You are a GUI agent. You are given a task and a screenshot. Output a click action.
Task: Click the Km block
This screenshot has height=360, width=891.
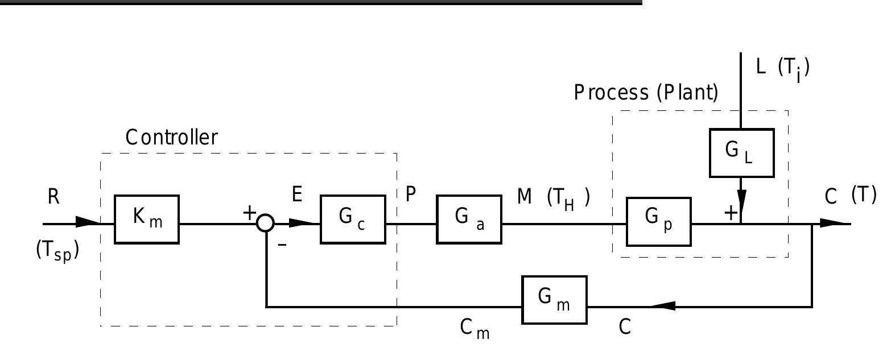147,220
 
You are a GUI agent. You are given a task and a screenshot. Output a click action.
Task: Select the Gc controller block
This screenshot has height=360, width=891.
353,220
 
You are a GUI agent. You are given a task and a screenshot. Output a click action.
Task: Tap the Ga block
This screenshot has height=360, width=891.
469,220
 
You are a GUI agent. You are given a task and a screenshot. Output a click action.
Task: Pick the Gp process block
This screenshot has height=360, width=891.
659,222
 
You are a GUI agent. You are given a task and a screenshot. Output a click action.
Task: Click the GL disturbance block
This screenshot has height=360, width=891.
741,152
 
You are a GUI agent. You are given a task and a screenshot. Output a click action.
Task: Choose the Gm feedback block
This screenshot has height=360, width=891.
554,300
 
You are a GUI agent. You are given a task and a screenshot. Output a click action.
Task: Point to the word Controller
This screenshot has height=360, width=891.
171,138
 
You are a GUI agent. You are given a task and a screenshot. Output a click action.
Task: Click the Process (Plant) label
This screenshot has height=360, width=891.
646,92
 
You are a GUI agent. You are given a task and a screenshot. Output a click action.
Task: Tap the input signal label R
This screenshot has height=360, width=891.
53,197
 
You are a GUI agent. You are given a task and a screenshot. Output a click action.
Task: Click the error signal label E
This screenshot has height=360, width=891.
296,195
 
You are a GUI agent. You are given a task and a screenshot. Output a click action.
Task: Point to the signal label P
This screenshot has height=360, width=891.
411,195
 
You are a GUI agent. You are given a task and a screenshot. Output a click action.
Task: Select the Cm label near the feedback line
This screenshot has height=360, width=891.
475,328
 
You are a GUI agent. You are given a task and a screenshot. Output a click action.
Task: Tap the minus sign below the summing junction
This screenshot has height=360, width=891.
282,246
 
